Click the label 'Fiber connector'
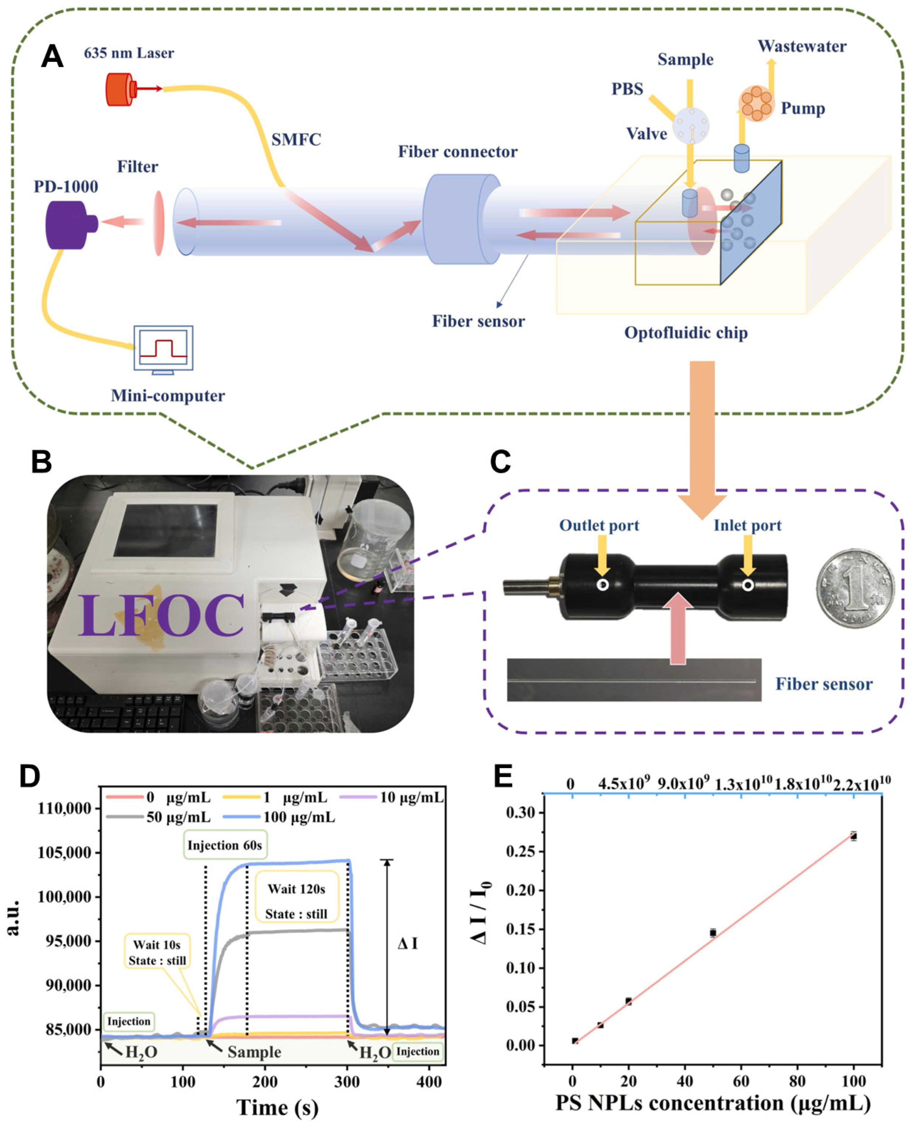tap(457, 152)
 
